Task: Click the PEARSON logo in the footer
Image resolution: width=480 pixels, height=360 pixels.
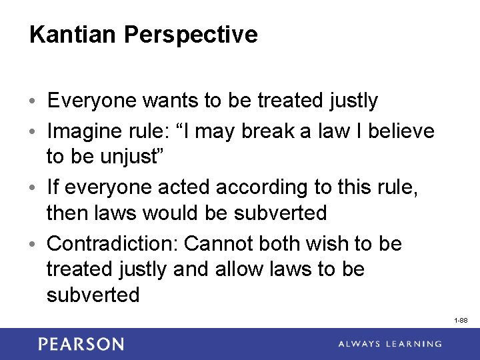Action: tap(81, 344)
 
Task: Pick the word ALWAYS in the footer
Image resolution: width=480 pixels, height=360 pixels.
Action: tap(360, 344)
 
